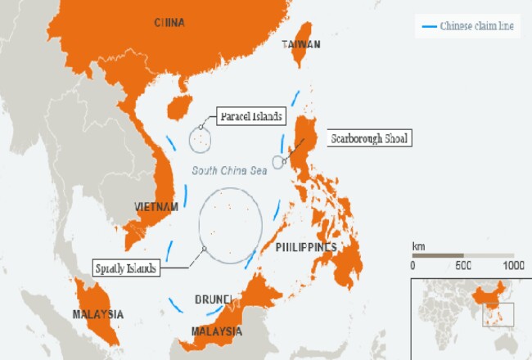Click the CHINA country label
[169, 23]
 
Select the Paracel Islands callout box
[250, 116]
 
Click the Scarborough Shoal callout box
[368, 138]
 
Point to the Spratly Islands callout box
[126, 268]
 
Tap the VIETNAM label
[156, 207]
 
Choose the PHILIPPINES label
[307, 246]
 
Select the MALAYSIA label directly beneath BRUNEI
[216, 331]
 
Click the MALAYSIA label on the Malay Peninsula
[97, 314]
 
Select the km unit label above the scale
[418, 245]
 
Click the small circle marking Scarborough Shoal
[278, 161]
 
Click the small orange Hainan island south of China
[178, 106]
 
